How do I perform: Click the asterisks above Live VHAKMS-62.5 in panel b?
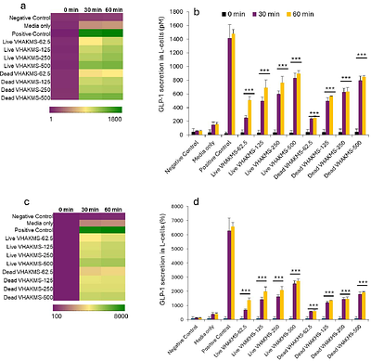pyautogui.click(x=248, y=90)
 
